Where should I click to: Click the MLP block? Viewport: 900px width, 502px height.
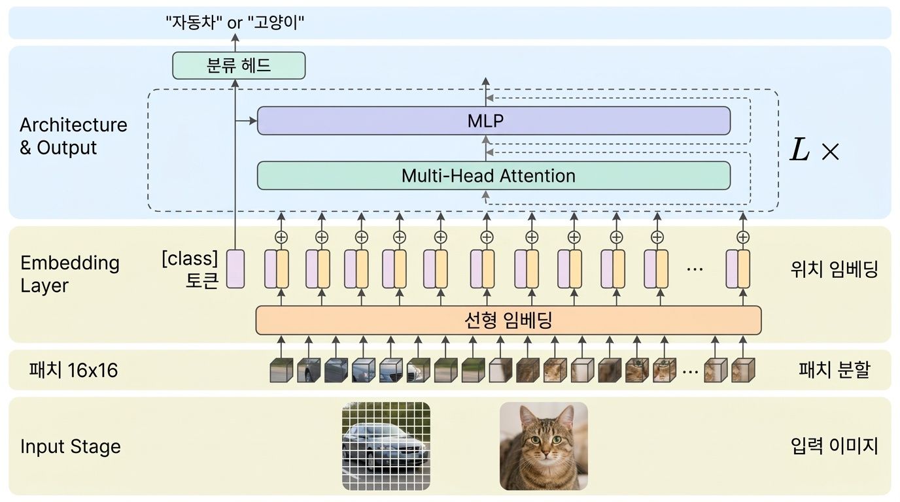click(x=493, y=121)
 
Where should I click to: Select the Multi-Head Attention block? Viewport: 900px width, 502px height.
click(x=493, y=176)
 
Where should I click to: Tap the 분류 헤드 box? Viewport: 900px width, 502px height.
click(x=239, y=65)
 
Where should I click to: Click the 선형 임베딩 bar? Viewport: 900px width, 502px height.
click(x=508, y=320)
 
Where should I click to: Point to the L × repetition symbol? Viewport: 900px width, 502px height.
click(x=814, y=151)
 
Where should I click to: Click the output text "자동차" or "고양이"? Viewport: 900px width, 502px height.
click(x=235, y=24)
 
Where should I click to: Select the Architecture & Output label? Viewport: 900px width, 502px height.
click(x=73, y=136)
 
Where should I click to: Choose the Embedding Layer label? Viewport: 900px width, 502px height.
click(x=70, y=274)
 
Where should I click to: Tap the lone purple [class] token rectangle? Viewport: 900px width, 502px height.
click(x=235, y=269)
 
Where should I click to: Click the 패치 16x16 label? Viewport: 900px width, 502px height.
click(x=73, y=371)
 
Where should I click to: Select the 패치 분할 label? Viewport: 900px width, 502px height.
click(x=835, y=371)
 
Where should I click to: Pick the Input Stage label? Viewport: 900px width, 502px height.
click(x=71, y=447)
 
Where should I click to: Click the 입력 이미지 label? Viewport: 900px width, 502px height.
click(x=834, y=447)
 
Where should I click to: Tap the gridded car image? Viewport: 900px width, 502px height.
click(x=386, y=446)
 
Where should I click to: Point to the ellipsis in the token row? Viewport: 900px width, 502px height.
click(x=694, y=269)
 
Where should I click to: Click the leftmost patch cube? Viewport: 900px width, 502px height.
click(x=281, y=371)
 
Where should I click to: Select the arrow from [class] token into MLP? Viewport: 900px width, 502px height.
click(x=246, y=121)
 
